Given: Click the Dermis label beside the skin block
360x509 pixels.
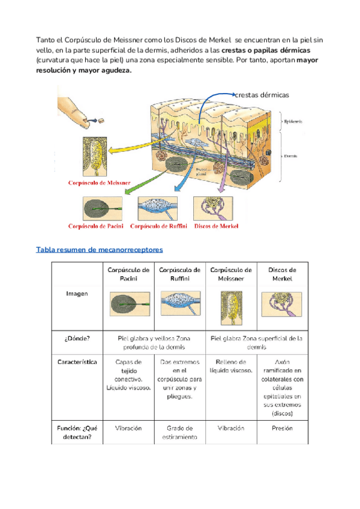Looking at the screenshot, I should (292, 155).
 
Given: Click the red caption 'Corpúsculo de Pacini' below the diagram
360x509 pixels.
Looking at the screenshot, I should (95, 226).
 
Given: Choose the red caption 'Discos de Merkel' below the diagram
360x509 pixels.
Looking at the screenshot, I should (217, 226).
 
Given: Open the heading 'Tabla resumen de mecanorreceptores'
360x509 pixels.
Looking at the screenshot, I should (100, 249).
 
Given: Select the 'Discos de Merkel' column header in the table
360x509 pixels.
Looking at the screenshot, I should (282, 274).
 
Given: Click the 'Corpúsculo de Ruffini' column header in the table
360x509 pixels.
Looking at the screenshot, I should (180, 274).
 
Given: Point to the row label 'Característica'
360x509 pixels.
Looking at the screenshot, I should (77, 363).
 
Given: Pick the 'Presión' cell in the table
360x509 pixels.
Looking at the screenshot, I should (282, 429).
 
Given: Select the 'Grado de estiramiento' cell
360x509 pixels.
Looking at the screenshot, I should (180, 433).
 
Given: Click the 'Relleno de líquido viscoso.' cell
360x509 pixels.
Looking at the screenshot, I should (231, 367).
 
